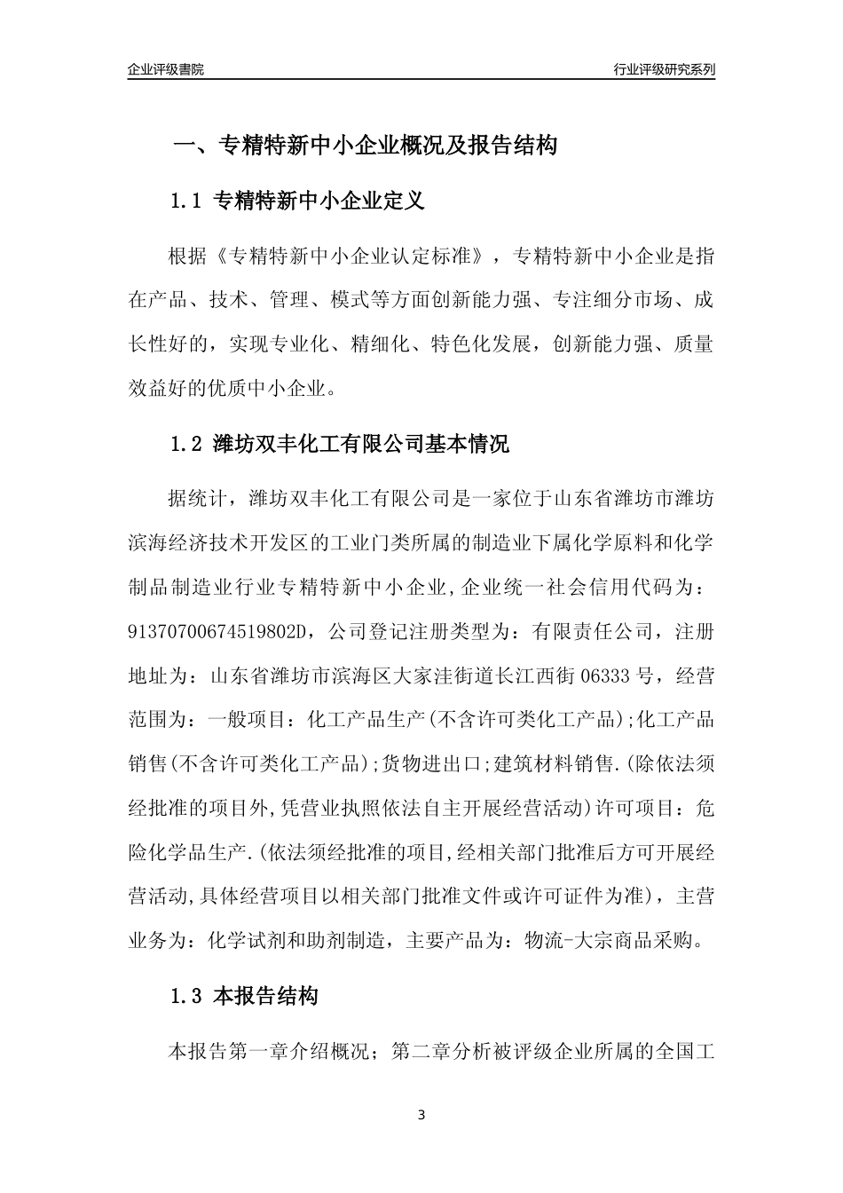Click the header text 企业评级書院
click(x=166, y=69)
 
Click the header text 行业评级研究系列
click(x=664, y=69)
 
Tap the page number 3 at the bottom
click(x=421, y=1115)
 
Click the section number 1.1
click(x=186, y=201)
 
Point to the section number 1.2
click(x=186, y=444)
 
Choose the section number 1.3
click(x=186, y=997)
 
